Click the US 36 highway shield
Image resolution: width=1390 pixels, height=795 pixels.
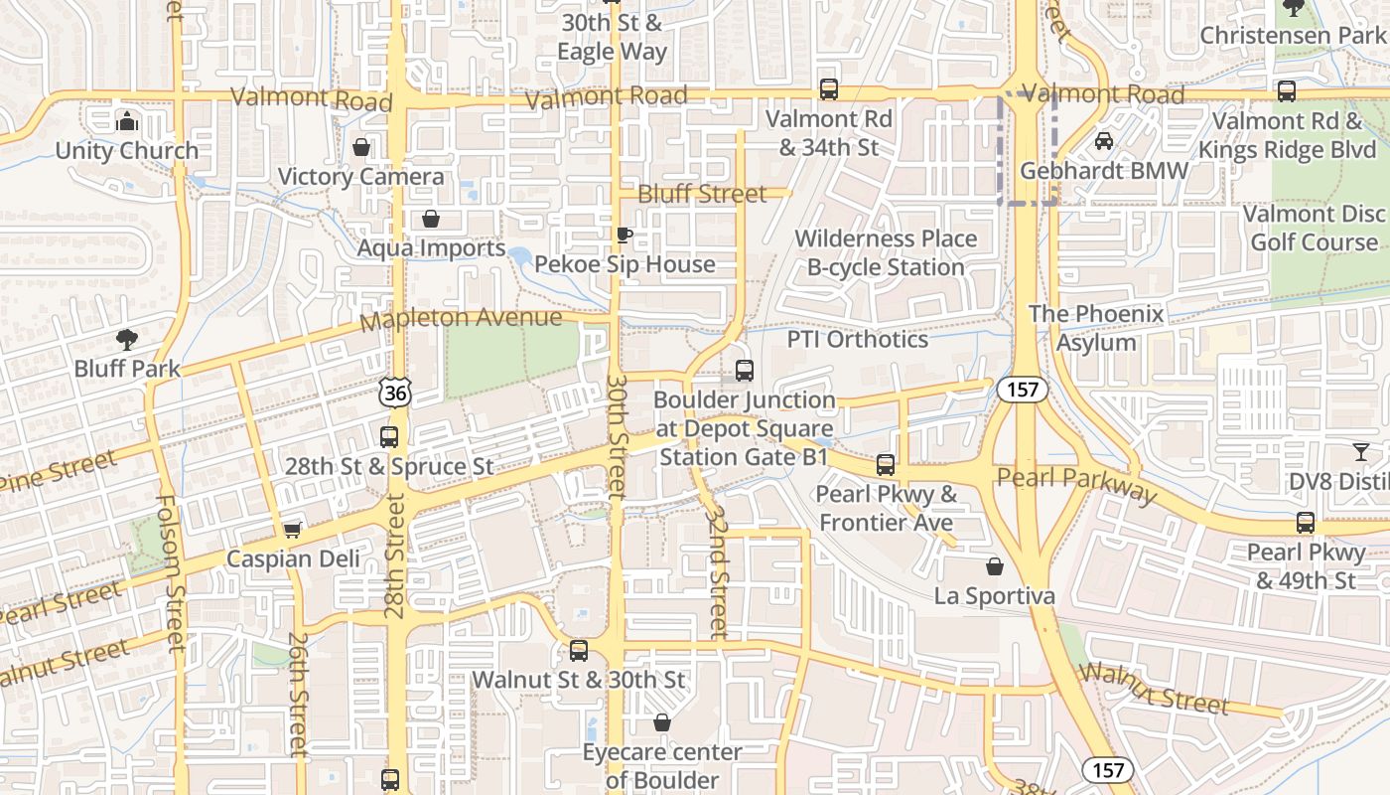395,394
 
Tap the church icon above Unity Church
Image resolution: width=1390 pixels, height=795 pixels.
127,121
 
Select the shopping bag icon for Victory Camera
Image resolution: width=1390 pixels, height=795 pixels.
361,147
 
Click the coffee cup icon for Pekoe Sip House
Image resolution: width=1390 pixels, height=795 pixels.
624,236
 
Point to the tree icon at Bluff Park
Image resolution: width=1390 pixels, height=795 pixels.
127,340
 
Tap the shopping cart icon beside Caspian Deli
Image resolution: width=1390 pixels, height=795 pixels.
292,530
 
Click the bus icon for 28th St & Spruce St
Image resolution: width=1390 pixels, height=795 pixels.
389,436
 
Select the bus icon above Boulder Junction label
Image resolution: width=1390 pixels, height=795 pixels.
745,371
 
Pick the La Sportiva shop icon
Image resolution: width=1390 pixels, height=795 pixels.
994,566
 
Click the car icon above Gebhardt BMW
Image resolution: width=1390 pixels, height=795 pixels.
1103,141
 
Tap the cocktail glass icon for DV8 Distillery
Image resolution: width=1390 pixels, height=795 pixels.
1360,453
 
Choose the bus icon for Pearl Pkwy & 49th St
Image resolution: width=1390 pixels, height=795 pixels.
1305,523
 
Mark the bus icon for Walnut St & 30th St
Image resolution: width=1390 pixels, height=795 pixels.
578,651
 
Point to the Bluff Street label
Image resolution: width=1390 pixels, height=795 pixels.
702,194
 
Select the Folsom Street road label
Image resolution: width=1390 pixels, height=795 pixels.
169,573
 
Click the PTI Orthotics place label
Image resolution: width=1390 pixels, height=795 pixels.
857,339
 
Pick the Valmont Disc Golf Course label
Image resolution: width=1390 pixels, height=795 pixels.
1314,228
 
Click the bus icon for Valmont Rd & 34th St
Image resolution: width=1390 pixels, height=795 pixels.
829,89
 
